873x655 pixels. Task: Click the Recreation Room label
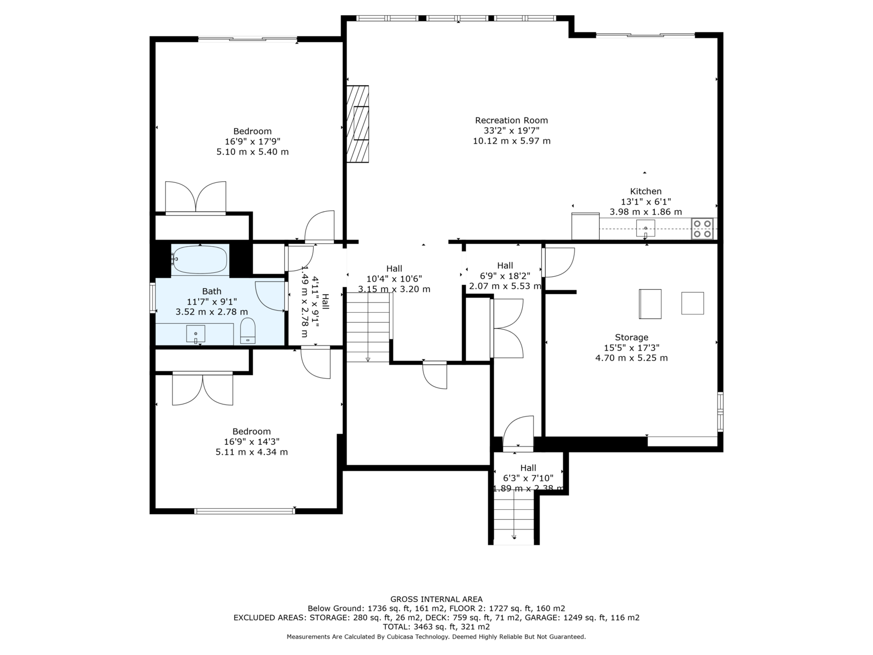tap(511, 120)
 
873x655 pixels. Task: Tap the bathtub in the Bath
tap(200, 260)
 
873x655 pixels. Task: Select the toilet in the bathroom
tap(248, 330)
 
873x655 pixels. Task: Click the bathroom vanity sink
tap(196, 334)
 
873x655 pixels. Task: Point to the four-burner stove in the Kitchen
tap(702, 229)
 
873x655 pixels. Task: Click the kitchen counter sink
tap(645, 228)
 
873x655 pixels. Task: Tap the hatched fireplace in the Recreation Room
tap(357, 124)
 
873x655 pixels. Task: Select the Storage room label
tap(632, 337)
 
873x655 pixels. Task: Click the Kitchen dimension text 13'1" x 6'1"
tap(645, 201)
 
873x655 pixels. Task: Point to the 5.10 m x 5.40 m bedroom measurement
tap(253, 152)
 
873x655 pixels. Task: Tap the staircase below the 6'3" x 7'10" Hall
tap(513, 517)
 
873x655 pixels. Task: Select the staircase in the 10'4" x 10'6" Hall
tap(368, 327)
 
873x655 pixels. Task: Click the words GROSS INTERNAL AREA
tap(436, 599)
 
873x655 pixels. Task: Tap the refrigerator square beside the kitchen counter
tap(585, 227)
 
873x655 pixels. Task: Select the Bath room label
tap(212, 291)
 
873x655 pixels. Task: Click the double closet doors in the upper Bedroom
tap(196, 198)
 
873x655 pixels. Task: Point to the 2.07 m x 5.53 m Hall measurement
tap(505, 286)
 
